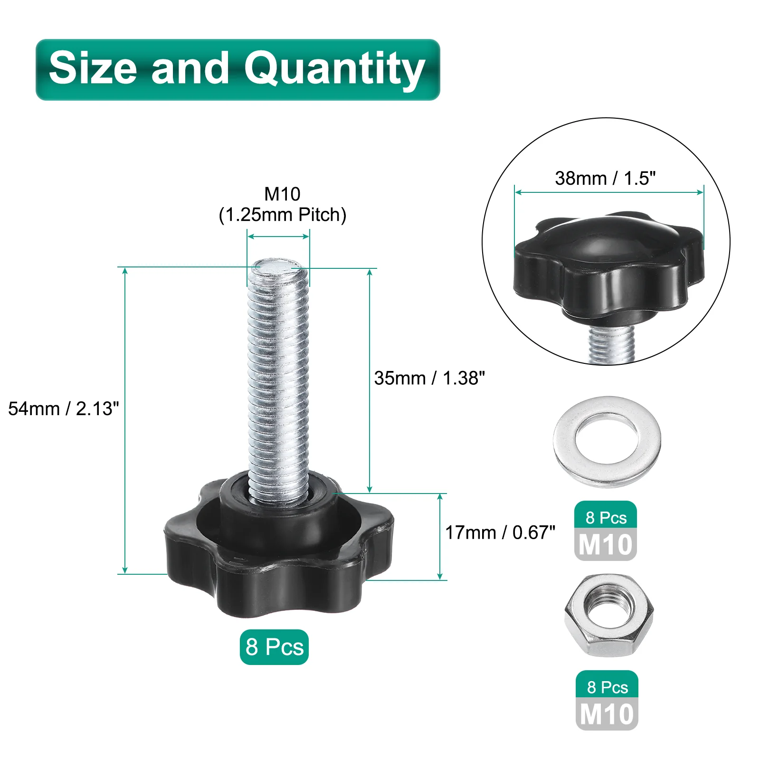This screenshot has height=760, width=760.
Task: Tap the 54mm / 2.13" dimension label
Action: click(64, 408)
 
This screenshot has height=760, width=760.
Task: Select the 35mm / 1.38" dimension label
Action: click(429, 378)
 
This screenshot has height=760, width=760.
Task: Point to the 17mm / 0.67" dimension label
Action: click(500, 532)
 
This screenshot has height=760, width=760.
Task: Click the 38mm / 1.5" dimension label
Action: click(605, 178)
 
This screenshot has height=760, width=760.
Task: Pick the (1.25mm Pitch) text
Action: click(283, 215)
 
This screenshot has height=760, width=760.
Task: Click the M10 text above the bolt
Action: click(282, 194)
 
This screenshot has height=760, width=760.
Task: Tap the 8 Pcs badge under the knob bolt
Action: click(274, 647)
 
